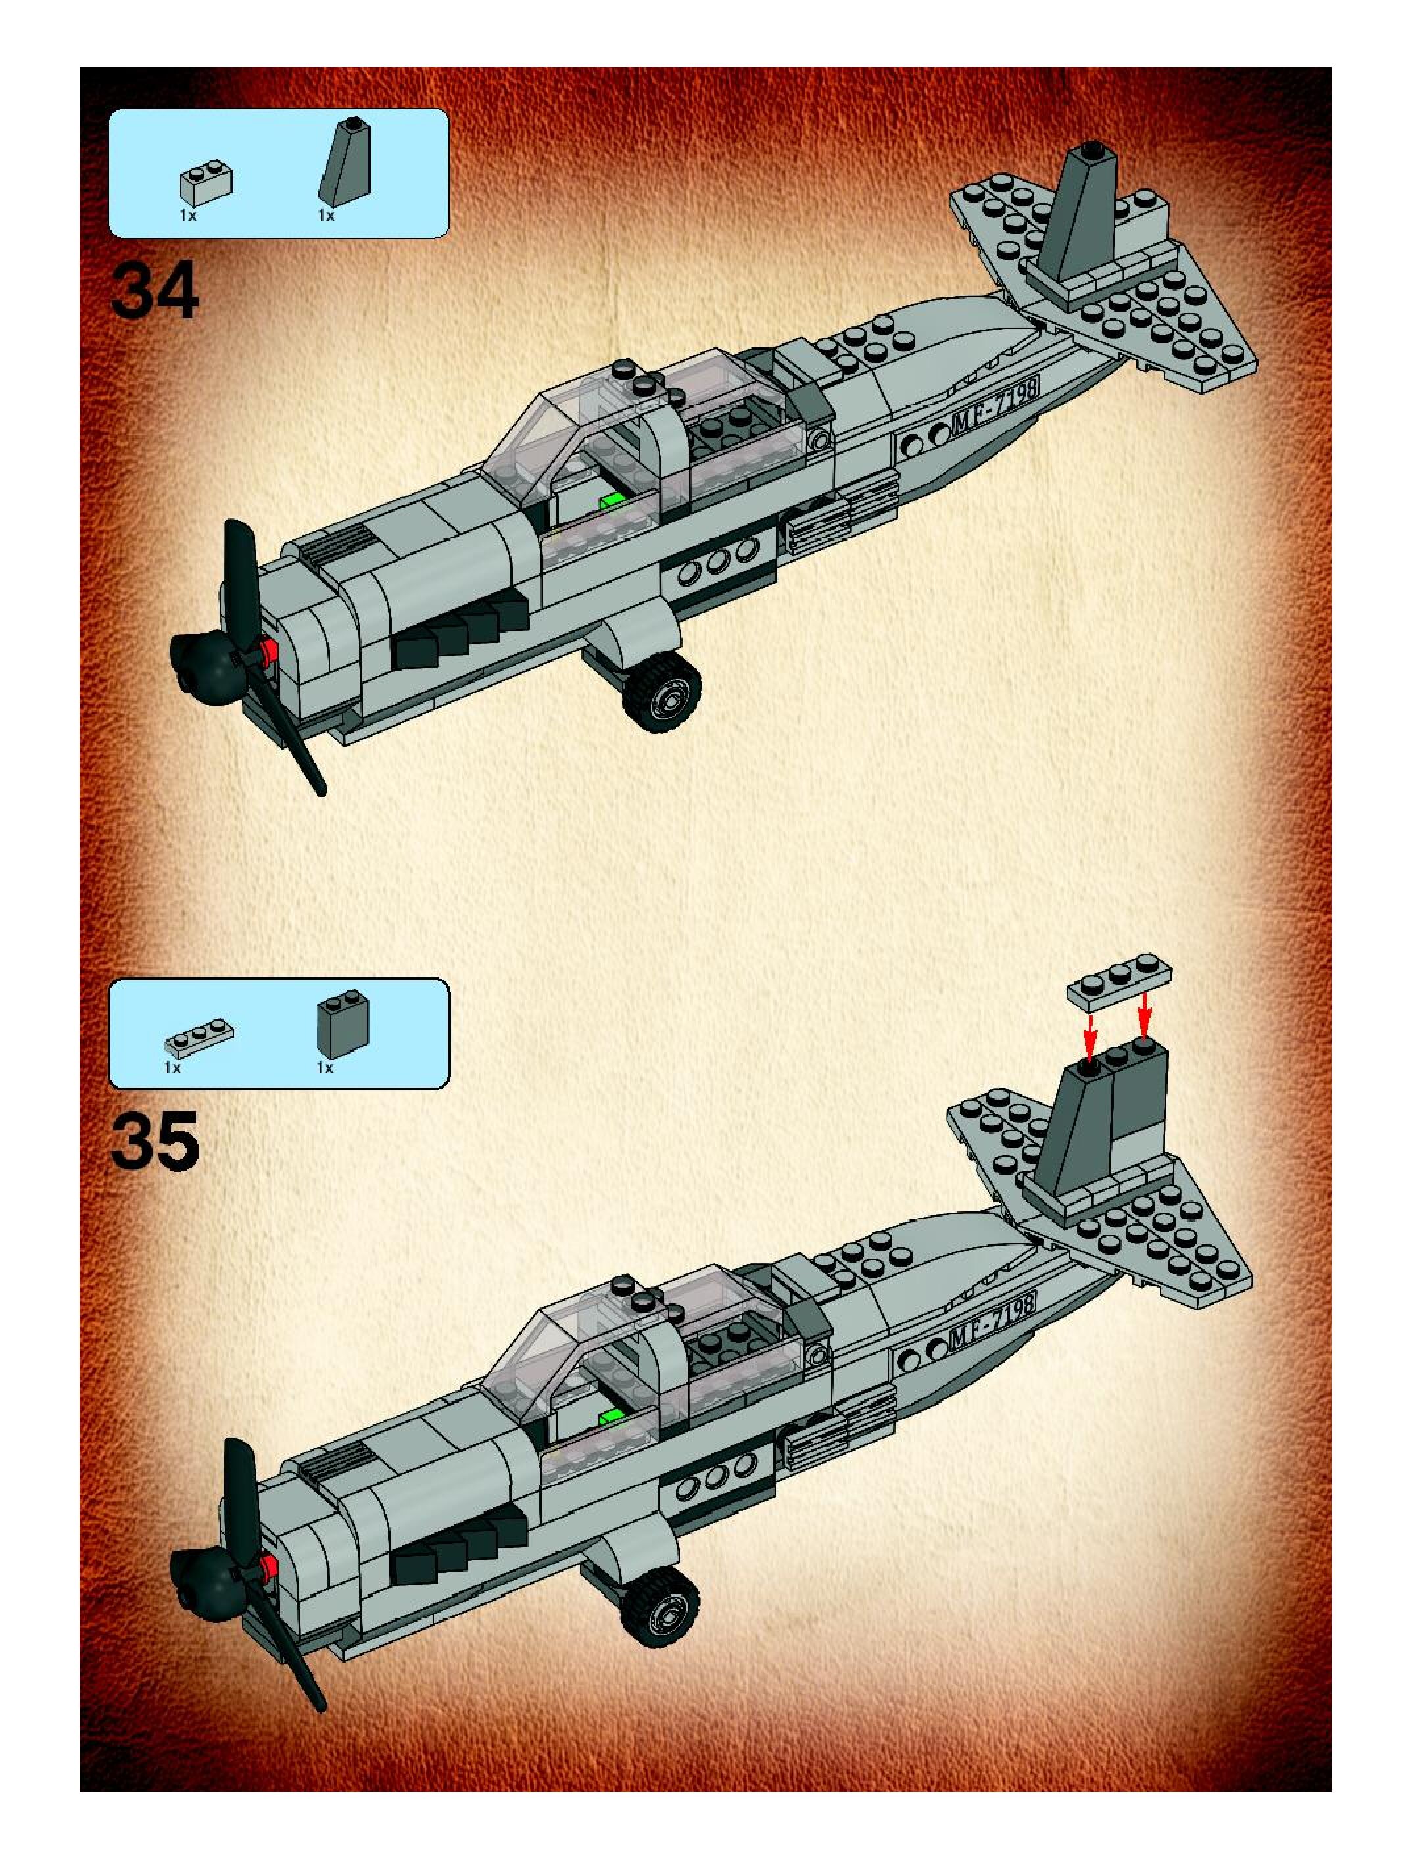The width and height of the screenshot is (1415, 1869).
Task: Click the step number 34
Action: click(155, 291)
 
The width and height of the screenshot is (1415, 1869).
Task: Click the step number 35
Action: click(155, 1142)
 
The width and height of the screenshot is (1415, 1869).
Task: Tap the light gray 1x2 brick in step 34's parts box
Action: click(206, 185)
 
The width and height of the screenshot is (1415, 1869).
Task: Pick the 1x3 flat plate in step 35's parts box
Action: click(199, 1036)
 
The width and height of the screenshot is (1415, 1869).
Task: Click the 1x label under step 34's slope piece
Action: click(326, 216)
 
